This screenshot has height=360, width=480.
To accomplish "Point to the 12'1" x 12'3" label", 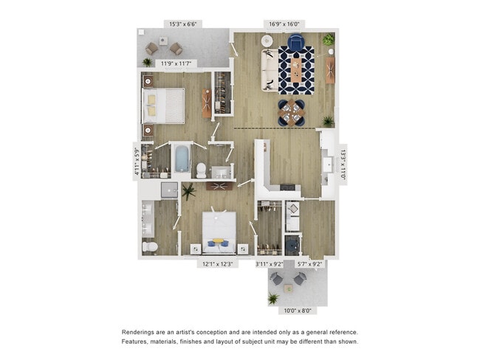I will [x=219, y=263].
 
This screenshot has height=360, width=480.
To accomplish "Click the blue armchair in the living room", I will [x=295, y=44].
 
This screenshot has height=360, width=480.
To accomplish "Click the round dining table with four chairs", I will [x=293, y=113].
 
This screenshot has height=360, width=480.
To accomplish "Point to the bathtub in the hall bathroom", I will [x=182, y=158].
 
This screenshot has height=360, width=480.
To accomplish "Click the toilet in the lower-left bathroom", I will [x=148, y=246].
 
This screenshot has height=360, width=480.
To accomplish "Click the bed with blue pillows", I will [x=219, y=230].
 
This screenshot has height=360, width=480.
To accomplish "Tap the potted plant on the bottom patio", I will [x=273, y=298].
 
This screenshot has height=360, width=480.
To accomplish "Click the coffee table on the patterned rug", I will [x=295, y=71].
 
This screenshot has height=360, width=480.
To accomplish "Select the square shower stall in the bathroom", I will [x=170, y=190].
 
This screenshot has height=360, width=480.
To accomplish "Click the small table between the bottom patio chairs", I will [x=287, y=278].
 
